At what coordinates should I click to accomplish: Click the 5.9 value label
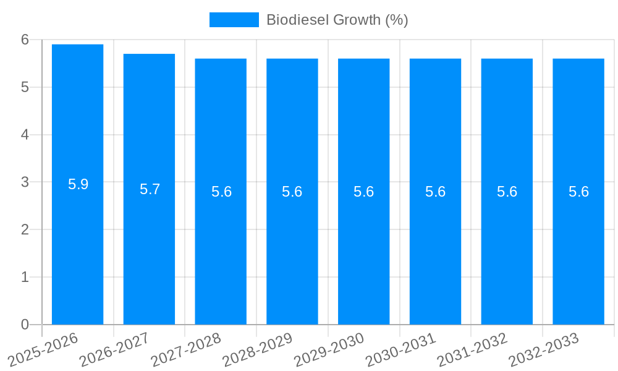[78, 184]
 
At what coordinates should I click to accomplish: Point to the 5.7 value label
[150, 189]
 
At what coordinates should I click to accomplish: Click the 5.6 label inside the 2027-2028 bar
[221, 192]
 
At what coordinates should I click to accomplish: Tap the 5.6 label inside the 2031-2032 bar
[507, 192]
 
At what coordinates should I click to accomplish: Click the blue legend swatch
[234, 20]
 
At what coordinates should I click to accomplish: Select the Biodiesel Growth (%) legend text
[337, 20]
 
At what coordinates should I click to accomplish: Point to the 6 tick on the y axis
[25, 40]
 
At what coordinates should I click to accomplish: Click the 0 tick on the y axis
[25, 325]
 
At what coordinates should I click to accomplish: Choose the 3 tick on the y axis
[25, 182]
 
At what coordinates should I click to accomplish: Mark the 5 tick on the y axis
[25, 87]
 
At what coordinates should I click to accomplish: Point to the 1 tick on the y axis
[25, 277]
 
